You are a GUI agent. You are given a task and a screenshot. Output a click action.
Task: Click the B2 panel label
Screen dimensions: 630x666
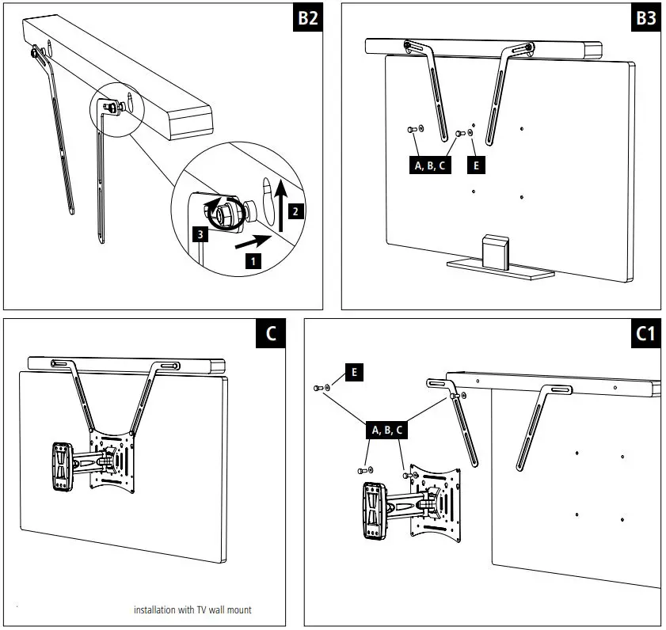[307, 19]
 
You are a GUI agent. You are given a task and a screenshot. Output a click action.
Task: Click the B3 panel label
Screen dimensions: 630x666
[646, 19]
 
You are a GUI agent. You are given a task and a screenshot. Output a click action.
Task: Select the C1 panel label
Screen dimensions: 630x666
[646, 335]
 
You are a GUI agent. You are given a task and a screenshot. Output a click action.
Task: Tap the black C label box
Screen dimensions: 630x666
[271, 335]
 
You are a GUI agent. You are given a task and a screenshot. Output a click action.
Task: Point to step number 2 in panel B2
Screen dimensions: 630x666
[295, 212]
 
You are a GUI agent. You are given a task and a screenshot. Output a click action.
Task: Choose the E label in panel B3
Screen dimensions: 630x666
[475, 165]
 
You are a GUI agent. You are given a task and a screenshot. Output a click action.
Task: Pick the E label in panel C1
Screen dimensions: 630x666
[353, 370]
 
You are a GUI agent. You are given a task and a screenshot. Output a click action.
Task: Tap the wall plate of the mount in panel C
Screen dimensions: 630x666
[61, 467]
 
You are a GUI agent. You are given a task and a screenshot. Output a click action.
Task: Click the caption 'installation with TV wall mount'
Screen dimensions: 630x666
[192, 609]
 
